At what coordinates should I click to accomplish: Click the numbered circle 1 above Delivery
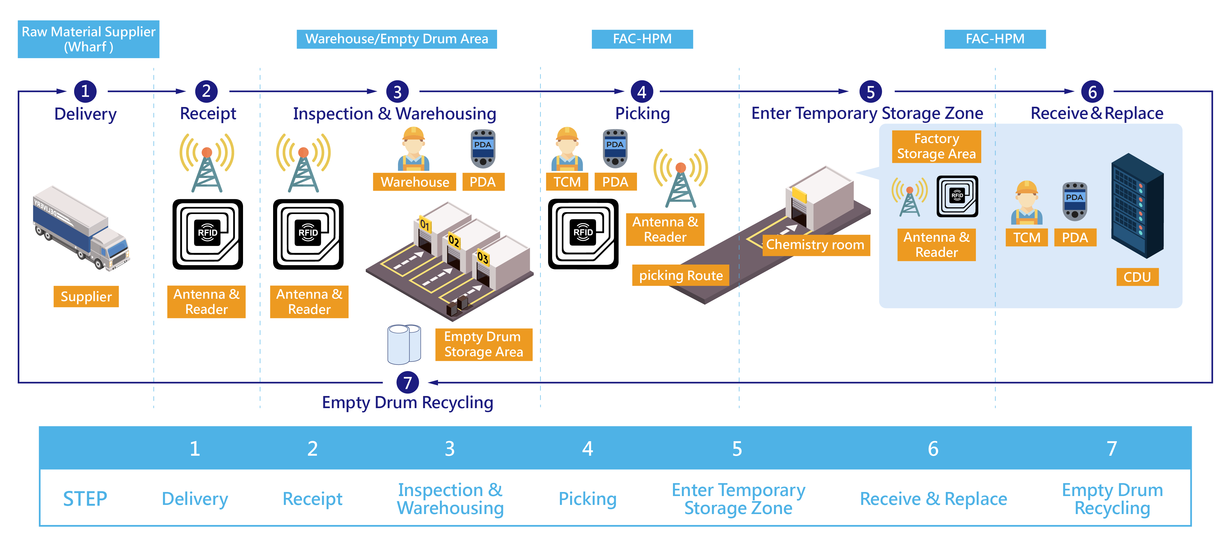click(85, 91)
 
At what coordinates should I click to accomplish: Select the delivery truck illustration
click(81, 229)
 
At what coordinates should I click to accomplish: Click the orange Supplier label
click(86, 297)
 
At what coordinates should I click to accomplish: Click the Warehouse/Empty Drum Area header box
click(397, 39)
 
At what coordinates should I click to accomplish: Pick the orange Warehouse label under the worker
click(414, 182)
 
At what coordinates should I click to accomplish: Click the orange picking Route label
click(680, 276)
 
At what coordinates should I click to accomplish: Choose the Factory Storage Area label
click(936, 146)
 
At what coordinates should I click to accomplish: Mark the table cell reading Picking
click(587, 499)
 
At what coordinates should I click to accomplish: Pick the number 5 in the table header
click(737, 448)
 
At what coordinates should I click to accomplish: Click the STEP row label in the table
click(85, 499)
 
